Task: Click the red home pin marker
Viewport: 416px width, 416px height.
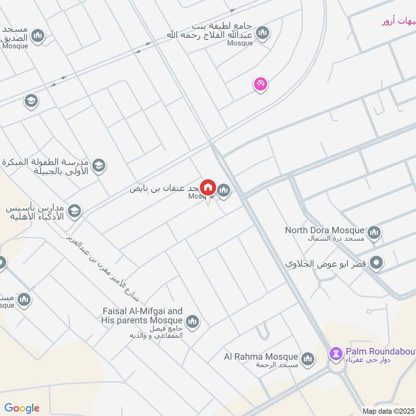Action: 208,187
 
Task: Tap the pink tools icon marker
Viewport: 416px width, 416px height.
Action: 261,83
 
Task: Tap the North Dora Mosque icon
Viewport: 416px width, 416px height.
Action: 374,233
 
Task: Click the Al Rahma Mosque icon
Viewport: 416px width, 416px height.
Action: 308,358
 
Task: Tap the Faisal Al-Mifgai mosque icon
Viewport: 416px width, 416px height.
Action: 192,322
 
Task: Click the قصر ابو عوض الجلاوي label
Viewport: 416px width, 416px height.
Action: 326,264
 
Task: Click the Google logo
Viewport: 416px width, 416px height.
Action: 22,408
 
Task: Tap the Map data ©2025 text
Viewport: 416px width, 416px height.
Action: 388,411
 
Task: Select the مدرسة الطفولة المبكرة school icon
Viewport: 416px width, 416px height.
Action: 98,166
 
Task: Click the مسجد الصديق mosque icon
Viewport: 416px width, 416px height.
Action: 37,35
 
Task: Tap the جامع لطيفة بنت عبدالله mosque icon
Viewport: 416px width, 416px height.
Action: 263,33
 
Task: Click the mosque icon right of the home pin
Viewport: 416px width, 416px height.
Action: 224,191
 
